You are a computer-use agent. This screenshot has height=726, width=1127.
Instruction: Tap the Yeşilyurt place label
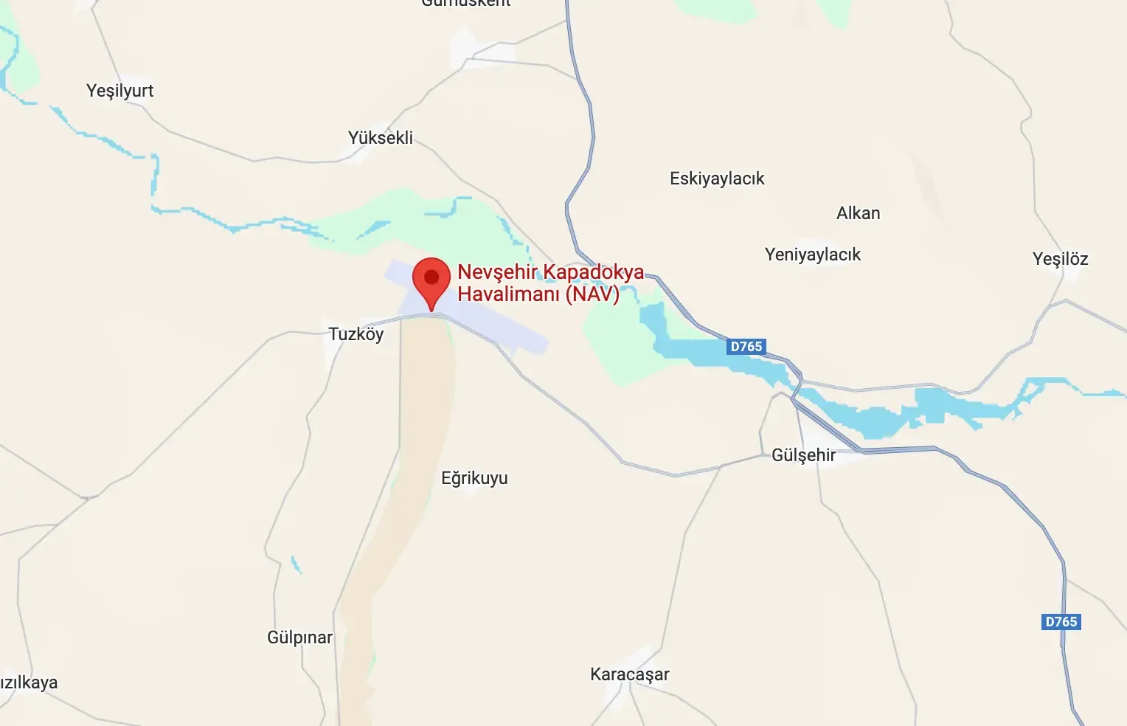(x=119, y=91)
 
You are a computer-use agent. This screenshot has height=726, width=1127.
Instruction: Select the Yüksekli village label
(x=381, y=138)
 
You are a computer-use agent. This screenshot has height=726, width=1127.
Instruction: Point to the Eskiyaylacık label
(x=717, y=179)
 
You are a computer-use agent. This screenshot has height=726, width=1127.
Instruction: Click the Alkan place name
(x=858, y=213)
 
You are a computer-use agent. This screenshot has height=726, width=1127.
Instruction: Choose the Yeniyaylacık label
(x=813, y=255)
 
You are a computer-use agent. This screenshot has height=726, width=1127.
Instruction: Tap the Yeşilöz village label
(x=1060, y=259)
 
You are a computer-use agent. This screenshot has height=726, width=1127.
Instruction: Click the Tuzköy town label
(x=356, y=334)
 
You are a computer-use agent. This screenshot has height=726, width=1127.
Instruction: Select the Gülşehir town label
(x=803, y=455)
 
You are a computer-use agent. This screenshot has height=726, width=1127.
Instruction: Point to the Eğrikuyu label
(x=474, y=478)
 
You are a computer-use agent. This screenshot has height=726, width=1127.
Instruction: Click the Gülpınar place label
(x=299, y=637)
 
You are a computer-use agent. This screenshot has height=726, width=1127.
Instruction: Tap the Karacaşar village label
(x=630, y=674)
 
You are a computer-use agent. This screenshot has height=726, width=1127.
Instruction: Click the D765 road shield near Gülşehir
(x=746, y=347)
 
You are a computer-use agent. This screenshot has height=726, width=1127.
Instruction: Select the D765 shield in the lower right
(x=1061, y=622)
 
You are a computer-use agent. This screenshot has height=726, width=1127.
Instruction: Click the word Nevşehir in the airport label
(x=497, y=272)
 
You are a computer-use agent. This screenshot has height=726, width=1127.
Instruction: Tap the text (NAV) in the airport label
(x=592, y=294)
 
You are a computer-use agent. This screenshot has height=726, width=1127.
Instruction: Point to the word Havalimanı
(x=508, y=294)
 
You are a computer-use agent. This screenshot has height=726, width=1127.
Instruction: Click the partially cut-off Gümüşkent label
(x=466, y=3)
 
